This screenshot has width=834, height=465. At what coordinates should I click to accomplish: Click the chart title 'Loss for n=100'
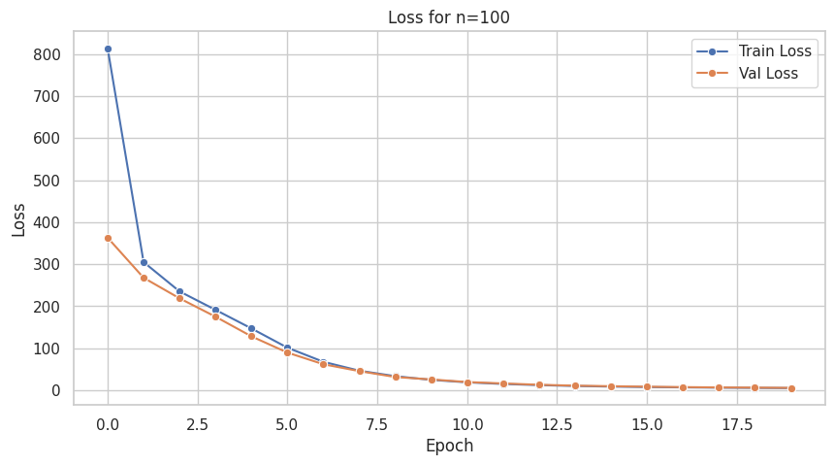448,17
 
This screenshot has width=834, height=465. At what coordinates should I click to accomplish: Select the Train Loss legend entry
774,50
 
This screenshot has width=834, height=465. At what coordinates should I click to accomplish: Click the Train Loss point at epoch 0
108,49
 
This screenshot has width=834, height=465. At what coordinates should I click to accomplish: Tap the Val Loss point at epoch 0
108,238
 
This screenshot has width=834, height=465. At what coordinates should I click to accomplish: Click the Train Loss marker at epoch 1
144,262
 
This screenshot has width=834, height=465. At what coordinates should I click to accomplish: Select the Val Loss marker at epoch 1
144,278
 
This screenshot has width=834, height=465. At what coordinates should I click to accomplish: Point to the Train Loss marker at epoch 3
215,311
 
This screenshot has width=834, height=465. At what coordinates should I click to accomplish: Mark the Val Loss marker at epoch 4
251,336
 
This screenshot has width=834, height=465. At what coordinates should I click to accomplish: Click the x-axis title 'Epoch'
449,447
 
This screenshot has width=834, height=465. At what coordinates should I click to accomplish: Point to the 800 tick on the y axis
48,55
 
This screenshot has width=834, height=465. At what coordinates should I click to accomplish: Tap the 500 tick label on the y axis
48,181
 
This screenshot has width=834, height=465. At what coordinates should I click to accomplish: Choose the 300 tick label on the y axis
48,265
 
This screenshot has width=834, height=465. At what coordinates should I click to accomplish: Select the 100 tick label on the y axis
48,349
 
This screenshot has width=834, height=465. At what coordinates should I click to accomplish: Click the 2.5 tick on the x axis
198,424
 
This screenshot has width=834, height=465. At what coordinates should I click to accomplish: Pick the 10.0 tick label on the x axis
467,424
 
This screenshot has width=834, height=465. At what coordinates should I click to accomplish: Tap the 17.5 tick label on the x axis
737,424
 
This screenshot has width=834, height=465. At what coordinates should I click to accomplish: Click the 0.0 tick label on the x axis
108,424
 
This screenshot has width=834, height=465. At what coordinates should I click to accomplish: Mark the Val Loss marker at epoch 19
791,388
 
